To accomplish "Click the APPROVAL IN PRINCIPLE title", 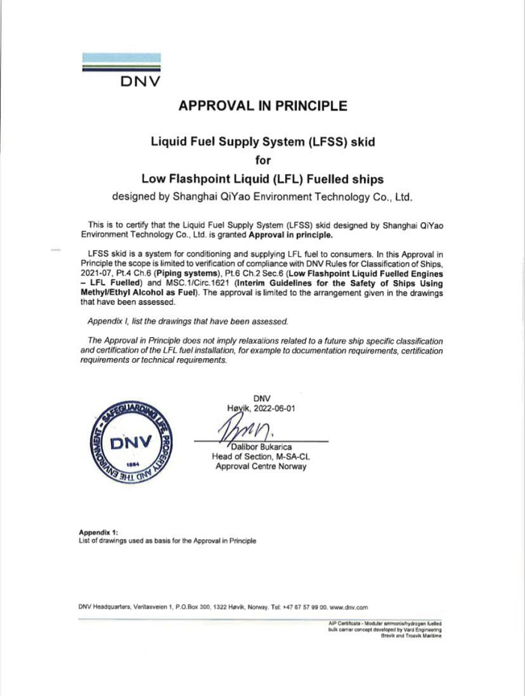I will point(262,106).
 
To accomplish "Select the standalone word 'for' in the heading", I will point(262,160).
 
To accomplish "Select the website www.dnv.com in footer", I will point(348,606).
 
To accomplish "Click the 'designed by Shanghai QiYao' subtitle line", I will point(262,198).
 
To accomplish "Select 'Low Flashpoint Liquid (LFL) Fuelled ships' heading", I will point(262,179).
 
